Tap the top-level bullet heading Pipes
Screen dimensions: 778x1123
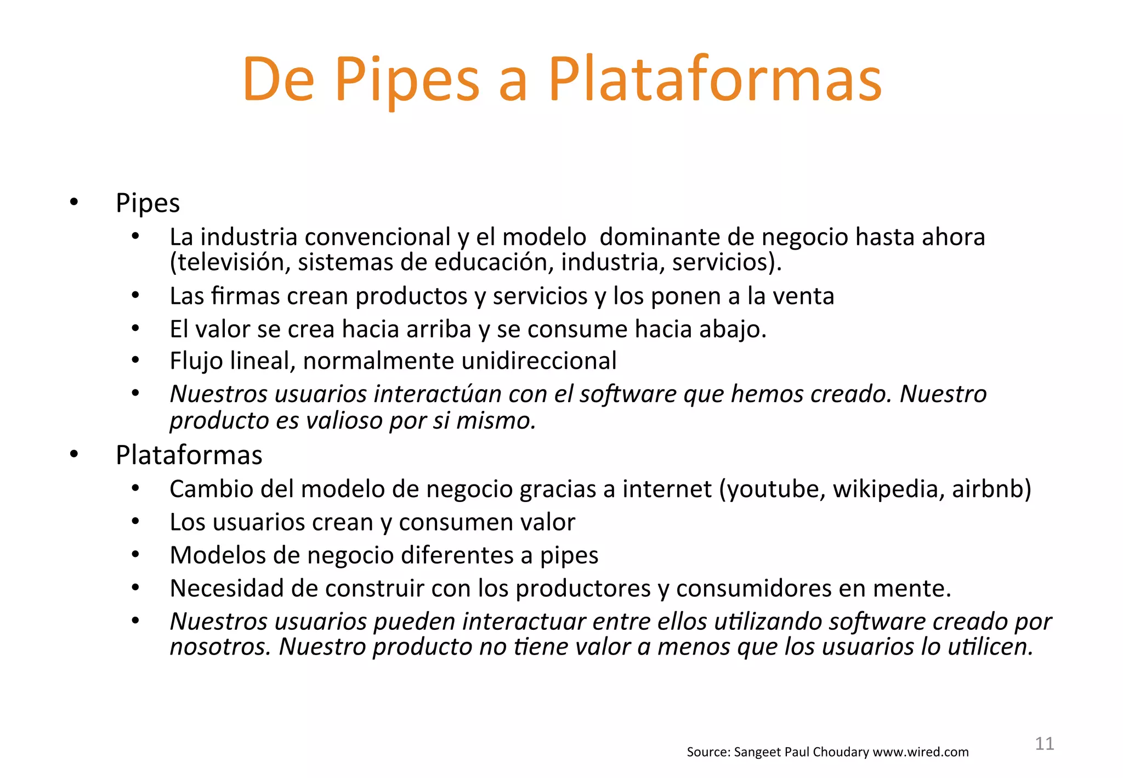148,204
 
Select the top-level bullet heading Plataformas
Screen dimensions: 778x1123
189,455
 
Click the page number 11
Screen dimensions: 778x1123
1044,744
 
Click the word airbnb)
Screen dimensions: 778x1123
991,489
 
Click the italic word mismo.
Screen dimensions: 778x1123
496,421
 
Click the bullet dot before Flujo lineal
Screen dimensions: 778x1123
135,360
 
